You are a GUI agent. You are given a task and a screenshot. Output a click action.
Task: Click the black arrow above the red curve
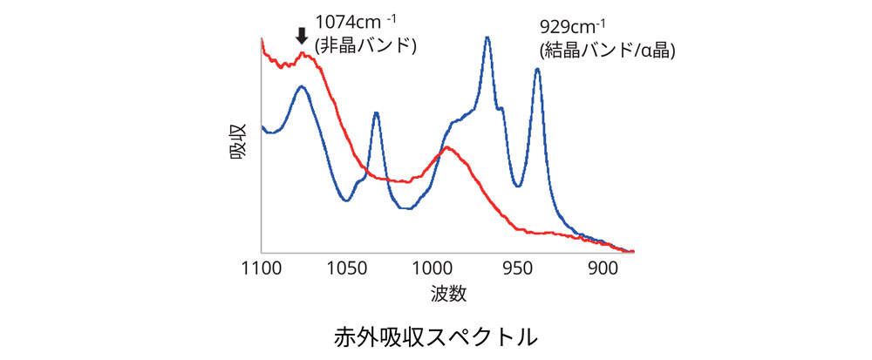click(x=302, y=36)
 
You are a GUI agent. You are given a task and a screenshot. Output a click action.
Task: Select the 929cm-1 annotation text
click(x=574, y=28)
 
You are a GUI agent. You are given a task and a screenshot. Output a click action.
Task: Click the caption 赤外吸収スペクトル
click(x=435, y=337)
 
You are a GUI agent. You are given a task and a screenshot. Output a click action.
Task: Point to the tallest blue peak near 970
click(x=487, y=37)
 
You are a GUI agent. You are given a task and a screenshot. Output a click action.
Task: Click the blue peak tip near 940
click(x=537, y=69)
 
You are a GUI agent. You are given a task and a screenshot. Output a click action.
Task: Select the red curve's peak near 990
click(x=446, y=147)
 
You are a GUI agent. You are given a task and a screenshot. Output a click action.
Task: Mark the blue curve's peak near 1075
click(x=302, y=86)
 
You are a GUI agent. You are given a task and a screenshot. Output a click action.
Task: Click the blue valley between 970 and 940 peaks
click(x=517, y=186)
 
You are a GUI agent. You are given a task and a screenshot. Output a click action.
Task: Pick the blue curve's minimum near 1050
click(x=347, y=200)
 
